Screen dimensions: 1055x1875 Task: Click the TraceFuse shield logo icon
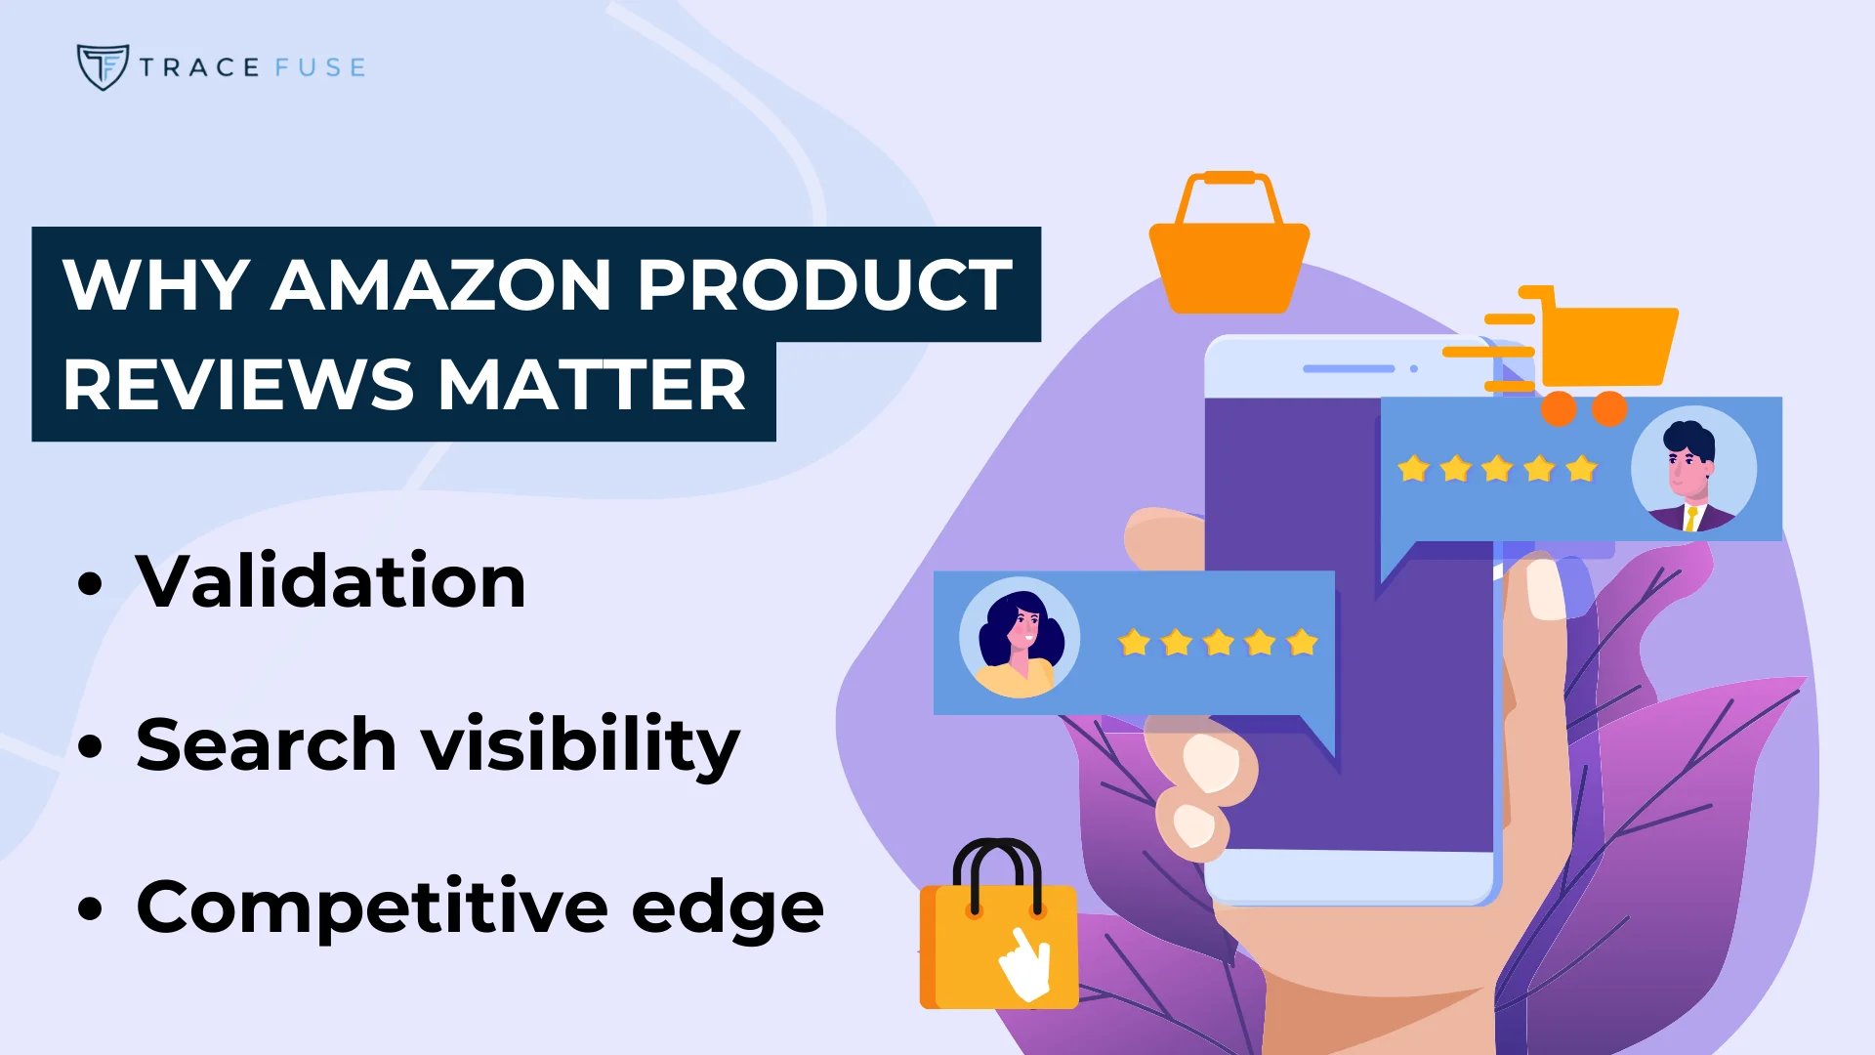[102, 66]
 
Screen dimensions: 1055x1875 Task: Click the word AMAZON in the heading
[440, 285]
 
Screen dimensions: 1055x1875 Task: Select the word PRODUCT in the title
[825, 285]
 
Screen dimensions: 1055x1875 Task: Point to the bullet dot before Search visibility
[90, 746]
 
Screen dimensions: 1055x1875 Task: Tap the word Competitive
[372, 908]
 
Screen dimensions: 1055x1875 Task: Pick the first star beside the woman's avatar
[1134, 643]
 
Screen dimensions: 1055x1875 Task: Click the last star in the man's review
[1581, 469]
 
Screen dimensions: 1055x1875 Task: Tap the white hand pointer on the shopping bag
[1025, 962]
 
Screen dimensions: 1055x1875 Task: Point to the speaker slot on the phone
[1349, 368]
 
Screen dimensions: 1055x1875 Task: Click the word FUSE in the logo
[319, 67]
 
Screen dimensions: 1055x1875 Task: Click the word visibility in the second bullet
[580, 746]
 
